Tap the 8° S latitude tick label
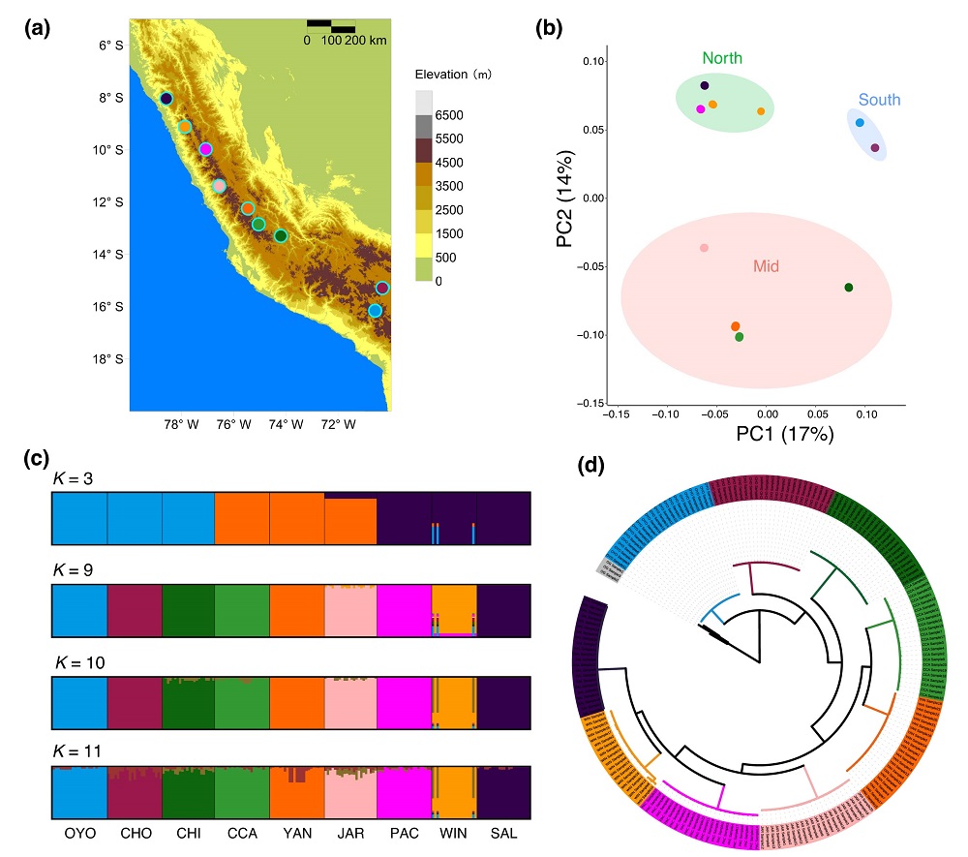point(110,98)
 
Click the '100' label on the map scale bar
point(331,41)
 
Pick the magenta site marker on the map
point(205,149)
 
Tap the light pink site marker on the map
point(220,186)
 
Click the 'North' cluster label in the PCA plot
point(722,58)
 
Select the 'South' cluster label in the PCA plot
point(879,100)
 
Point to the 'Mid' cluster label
point(767,265)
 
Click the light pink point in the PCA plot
point(704,249)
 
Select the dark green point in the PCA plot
point(849,288)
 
